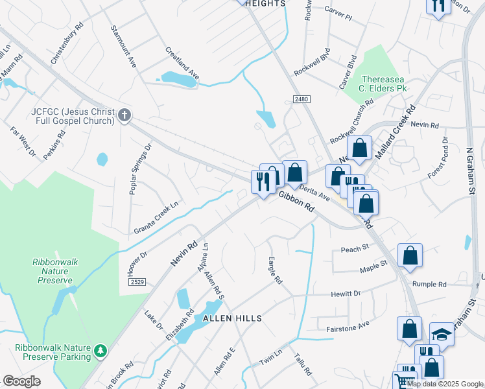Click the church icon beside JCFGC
(x=124, y=116)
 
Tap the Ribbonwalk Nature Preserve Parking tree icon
(x=100, y=351)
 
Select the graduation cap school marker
(x=442, y=334)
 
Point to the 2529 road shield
(x=137, y=281)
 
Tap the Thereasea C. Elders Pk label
(x=384, y=83)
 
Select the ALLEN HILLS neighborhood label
(x=233, y=318)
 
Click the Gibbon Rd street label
(x=296, y=201)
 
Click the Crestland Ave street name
(x=182, y=63)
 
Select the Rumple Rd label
(x=429, y=284)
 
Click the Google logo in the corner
(x=21, y=381)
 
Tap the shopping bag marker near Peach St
(x=410, y=255)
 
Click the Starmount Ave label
(x=123, y=47)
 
